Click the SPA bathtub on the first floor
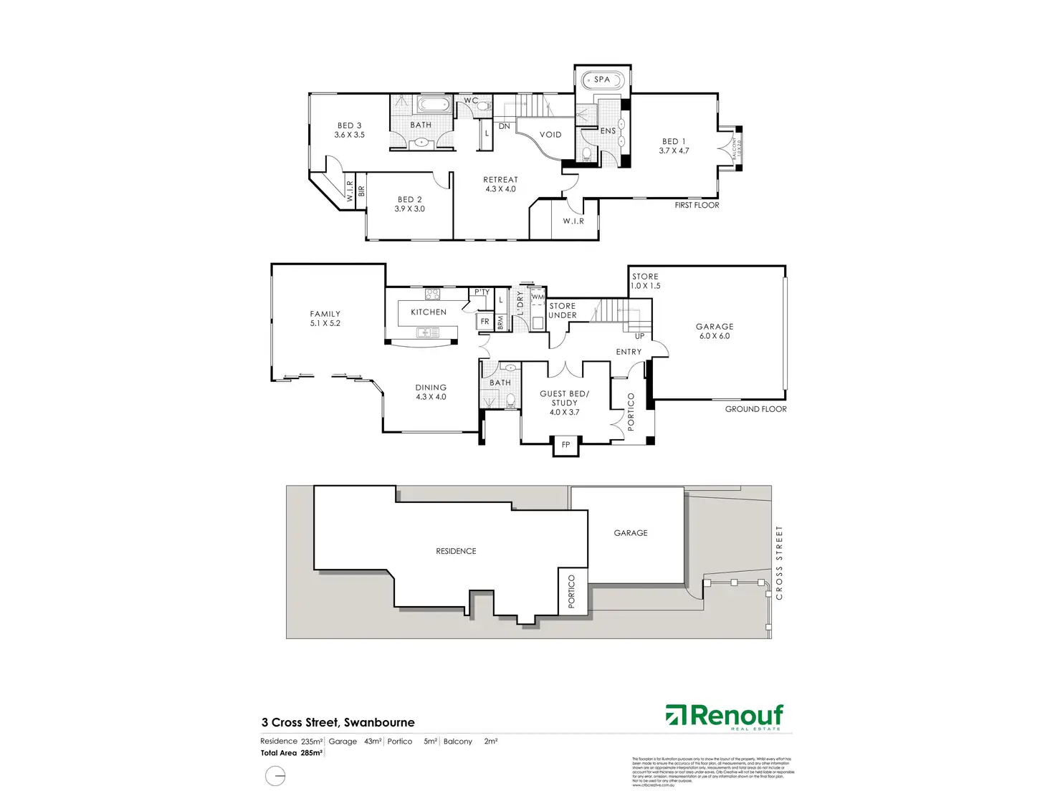point(602,80)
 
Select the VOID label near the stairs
point(550,135)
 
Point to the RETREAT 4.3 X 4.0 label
point(500,185)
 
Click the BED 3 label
point(349,130)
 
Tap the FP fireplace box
point(565,445)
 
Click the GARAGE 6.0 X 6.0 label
point(715,331)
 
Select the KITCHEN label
point(429,312)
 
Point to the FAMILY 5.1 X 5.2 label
point(325,318)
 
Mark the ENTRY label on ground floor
point(629,352)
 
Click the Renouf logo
point(725,716)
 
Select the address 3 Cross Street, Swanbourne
point(338,722)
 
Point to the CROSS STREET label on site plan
point(779,562)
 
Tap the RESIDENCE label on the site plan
point(456,551)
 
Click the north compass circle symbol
point(275,776)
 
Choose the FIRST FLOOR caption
point(697,205)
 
